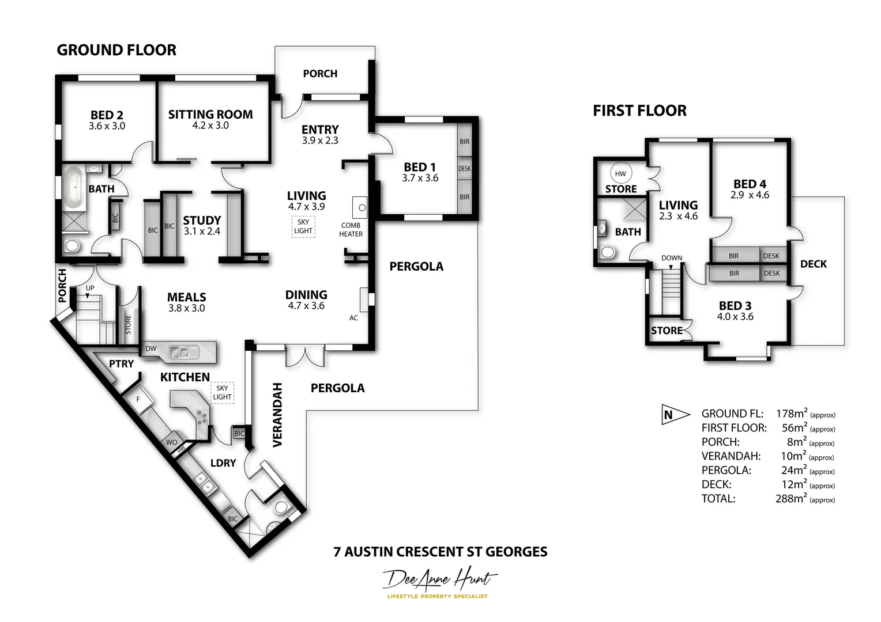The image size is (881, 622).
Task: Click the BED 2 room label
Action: point(107,115)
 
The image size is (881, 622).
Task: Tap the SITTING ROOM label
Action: point(210,115)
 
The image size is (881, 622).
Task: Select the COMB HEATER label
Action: point(351,230)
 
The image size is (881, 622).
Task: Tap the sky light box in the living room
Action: point(303,226)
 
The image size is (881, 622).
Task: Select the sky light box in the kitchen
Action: point(222,392)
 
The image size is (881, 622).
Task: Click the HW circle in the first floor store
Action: point(620,173)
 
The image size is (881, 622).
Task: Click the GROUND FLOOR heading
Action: point(116,50)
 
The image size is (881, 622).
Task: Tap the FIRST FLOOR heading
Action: point(639,111)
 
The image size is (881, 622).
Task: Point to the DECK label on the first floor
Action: point(813,264)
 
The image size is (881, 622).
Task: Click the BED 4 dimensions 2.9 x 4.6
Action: point(750,195)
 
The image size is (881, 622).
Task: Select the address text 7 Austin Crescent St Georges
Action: point(440,552)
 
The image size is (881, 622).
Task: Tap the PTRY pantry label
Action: point(121,364)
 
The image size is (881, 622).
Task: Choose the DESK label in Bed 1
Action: point(464,169)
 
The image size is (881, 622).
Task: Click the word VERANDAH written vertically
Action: point(277,415)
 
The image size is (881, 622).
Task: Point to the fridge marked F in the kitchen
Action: point(138,399)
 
